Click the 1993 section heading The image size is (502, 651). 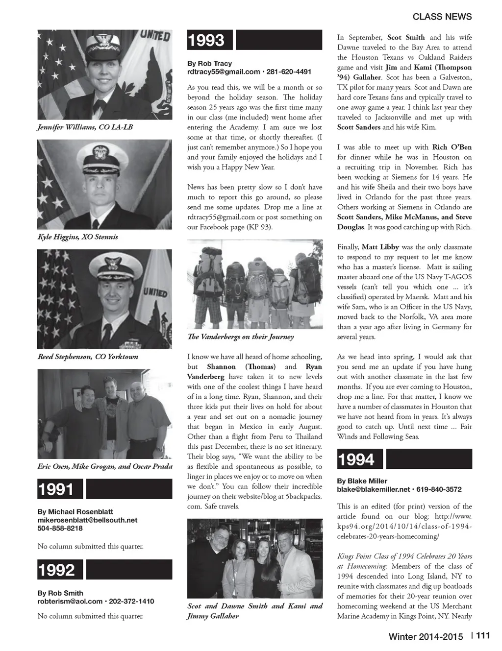pyautogui.click(x=206, y=40)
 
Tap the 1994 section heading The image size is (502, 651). pyautogui.click(x=356, y=459)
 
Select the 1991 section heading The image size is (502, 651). pyautogui.click(x=55, y=489)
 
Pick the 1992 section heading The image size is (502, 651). pyautogui.click(x=56, y=570)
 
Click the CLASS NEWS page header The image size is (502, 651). pyautogui.click(x=442, y=17)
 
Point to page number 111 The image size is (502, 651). pyautogui.click(x=483, y=636)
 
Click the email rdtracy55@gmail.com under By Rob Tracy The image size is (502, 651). pyautogui.click(x=224, y=72)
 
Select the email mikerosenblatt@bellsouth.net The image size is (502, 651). pyautogui.click(x=87, y=520)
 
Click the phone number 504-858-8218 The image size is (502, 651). pyautogui.click(x=60, y=529)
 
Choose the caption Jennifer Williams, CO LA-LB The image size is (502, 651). pyautogui.click(x=85, y=127)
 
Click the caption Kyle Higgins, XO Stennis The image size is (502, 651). pyautogui.click(x=77, y=237)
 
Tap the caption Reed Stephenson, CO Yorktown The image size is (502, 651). pyautogui.click(x=88, y=357)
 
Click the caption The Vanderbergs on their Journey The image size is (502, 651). pyautogui.click(x=240, y=337)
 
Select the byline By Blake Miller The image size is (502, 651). pyautogui.click(x=362, y=481)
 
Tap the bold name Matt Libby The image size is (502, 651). pyautogui.click(x=380, y=247)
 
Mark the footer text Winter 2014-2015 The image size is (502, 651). pyautogui.click(x=426, y=637)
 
